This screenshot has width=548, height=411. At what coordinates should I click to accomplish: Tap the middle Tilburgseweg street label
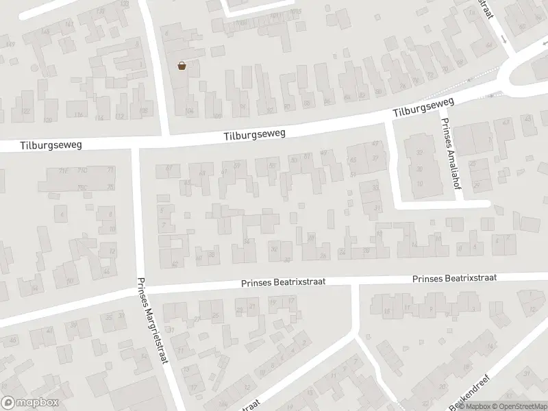coord(253,134)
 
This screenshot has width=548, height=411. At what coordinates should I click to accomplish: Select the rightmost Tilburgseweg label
coord(424,108)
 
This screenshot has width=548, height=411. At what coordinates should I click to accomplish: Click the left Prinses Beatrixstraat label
coord(282,282)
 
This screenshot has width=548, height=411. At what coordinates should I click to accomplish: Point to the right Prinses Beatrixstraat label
coord(455,278)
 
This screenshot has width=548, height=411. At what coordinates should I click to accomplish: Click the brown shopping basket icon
coord(182,66)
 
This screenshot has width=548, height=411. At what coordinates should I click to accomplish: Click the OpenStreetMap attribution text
coord(519,406)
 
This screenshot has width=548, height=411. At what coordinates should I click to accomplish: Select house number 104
coord(190,111)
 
